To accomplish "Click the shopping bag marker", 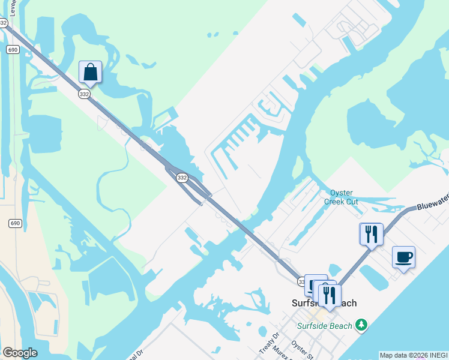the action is click(x=90, y=72).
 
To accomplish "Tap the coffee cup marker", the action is click(x=403, y=257).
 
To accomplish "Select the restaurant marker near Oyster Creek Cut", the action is click(x=371, y=234).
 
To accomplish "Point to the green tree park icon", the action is click(x=361, y=325).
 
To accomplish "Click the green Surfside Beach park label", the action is click(x=324, y=325).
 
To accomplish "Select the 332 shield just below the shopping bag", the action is click(x=83, y=94).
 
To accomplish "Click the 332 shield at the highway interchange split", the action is click(x=182, y=178).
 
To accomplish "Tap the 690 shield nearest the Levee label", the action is click(x=13, y=49).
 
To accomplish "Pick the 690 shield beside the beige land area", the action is click(x=15, y=223).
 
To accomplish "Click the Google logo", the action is click(x=20, y=353).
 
